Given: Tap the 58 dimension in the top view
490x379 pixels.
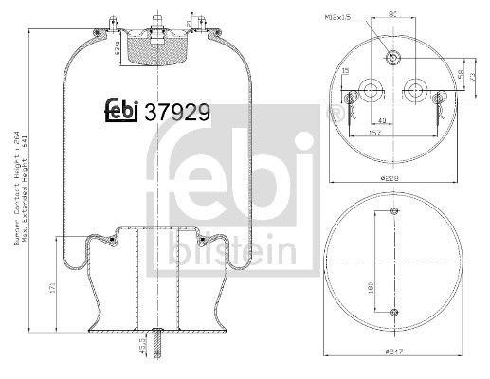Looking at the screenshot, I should pyautogui.click(x=460, y=73).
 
